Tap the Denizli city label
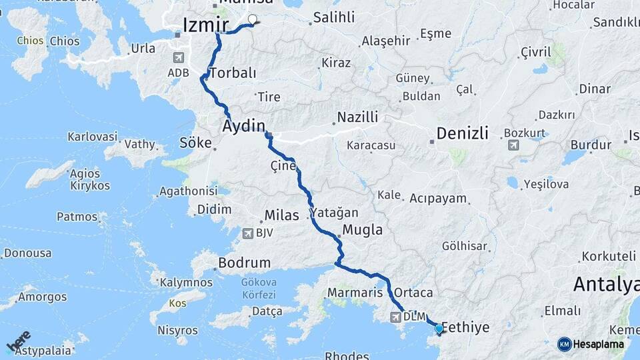click(x=462, y=133)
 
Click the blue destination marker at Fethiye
click(x=439, y=328)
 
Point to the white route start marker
click(x=253, y=19)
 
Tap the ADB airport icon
click(x=178, y=57)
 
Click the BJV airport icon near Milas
click(x=248, y=233)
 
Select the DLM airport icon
click(x=396, y=315)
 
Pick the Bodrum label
click(x=245, y=263)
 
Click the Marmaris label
click(x=355, y=293)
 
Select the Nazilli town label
click(x=357, y=117)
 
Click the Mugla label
click(x=362, y=230)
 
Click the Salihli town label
click(x=335, y=17)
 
